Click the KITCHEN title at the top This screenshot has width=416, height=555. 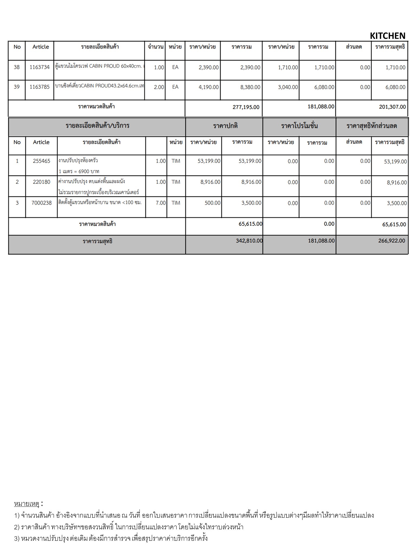(387, 36)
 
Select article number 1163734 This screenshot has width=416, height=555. (40, 67)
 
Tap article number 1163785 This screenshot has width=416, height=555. (40, 87)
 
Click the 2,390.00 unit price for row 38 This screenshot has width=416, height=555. (209, 67)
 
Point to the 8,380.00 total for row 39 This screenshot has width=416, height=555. (250, 87)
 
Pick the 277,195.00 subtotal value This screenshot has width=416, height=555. (246, 107)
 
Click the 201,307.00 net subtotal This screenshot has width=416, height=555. (392, 107)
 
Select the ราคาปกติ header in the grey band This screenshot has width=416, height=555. (225, 126)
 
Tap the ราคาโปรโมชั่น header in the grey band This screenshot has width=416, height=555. (299, 126)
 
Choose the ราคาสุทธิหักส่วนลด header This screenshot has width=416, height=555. (372, 126)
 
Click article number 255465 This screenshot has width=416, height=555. (41, 161)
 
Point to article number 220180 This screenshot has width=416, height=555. (41, 182)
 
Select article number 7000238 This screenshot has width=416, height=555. (41, 203)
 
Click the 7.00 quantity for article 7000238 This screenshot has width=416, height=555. (161, 203)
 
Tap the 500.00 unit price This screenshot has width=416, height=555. (213, 203)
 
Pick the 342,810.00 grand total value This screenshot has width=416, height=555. (249, 241)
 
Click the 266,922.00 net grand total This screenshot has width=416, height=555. (392, 241)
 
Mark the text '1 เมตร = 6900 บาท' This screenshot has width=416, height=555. (79, 171)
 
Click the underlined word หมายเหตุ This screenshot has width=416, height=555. (27, 504)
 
